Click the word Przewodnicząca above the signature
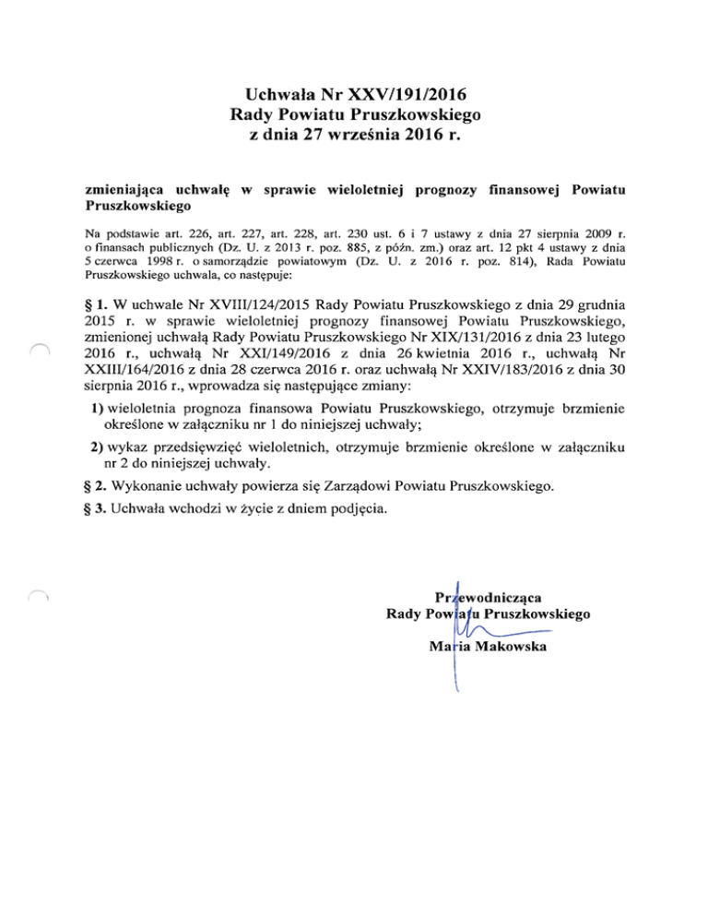pos(491,597)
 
